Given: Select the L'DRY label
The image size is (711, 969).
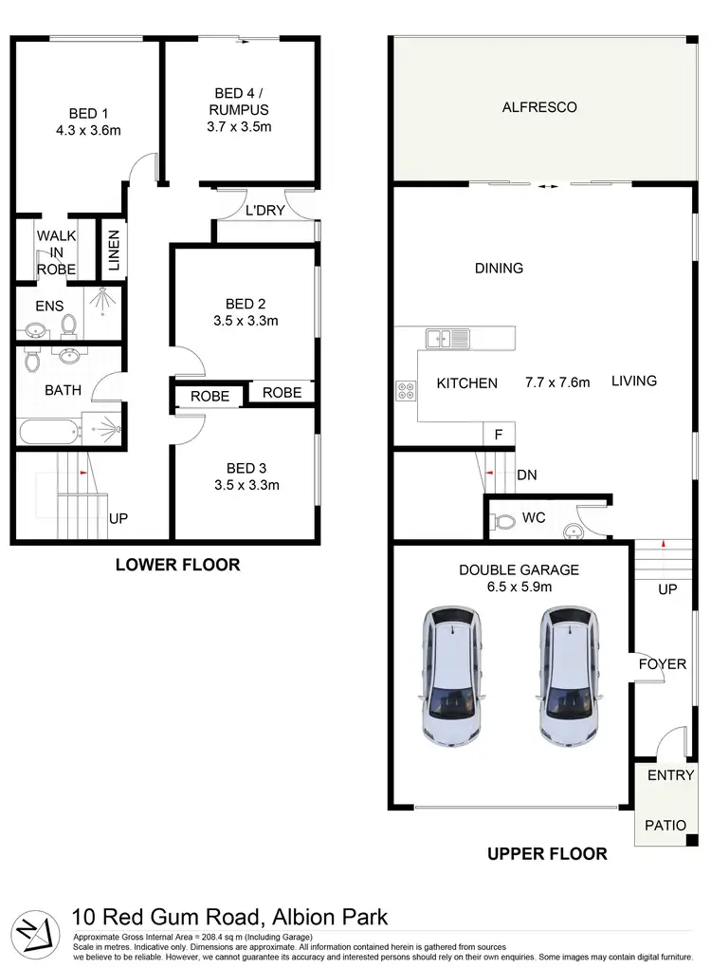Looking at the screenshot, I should click(x=264, y=211).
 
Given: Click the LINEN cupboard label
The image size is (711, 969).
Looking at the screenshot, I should click(x=113, y=252).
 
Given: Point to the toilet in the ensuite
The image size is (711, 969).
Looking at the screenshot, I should click(x=68, y=326).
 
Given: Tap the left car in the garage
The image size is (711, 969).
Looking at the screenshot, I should click(x=452, y=675).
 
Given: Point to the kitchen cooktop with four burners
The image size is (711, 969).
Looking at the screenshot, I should click(x=407, y=388).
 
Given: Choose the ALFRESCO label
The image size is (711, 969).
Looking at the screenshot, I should click(x=538, y=107).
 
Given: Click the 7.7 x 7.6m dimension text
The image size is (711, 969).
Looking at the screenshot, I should click(x=557, y=382).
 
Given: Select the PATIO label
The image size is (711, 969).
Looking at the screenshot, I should click(x=665, y=825).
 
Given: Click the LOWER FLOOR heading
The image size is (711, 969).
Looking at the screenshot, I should click(x=177, y=565).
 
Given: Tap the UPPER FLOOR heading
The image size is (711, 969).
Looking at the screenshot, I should click(x=547, y=854).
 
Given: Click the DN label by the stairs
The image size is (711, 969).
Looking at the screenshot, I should click(x=528, y=476).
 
